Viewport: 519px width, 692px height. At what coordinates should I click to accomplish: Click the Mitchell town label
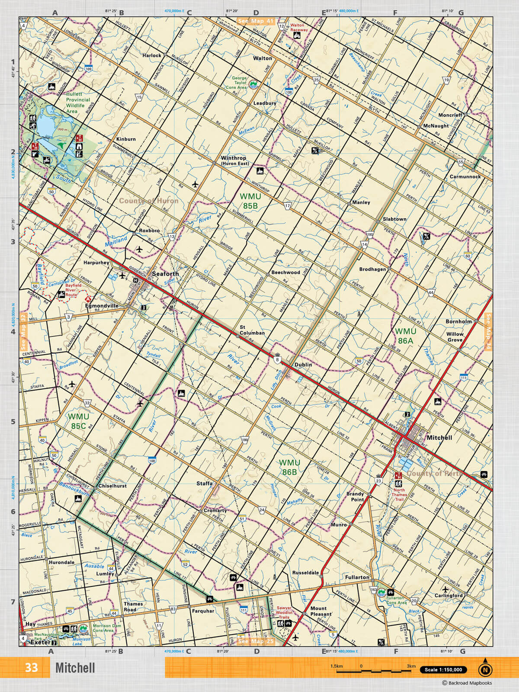tap(439, 438)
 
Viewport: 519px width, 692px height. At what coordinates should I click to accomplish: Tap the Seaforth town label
tap(165, 274)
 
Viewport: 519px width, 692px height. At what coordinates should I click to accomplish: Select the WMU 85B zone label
tap(250, 202)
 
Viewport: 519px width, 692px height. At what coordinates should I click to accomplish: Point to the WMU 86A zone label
tap(405, 336)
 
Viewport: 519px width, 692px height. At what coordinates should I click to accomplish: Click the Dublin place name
tap(303, 365)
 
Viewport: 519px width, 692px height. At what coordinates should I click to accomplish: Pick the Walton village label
tap(263, 58)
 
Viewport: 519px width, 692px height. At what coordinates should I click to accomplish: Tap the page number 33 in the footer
tap(31, 667)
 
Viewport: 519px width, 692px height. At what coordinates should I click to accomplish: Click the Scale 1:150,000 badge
tap(443, 670)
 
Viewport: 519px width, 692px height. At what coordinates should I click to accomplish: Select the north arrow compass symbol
tap(485, 669)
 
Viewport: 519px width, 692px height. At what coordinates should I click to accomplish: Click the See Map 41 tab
tap(256, 21)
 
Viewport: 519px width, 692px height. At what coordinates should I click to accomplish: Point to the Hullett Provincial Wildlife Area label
tap(78, 103)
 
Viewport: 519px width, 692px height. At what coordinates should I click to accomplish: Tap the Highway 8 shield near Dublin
tap(277, 359)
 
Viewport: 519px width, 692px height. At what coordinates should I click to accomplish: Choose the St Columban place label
tap(252, 330)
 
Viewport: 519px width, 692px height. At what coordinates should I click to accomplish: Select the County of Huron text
tap(148, 201)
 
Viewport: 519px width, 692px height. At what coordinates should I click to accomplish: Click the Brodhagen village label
tap(372, 269)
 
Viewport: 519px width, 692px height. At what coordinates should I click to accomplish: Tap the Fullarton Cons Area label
tap(396, 600)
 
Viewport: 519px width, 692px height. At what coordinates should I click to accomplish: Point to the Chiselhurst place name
tap(112, 486)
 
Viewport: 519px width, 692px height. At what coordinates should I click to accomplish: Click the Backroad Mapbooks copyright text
tap(467, 683)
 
